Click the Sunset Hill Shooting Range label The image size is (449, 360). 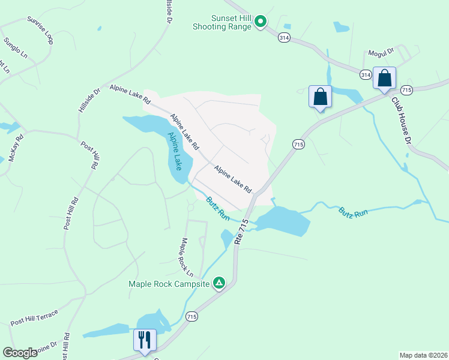[222, 22]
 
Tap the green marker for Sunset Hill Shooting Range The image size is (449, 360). [261, 22]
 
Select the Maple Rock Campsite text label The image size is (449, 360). [169, 283]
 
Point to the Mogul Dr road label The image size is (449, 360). [380, 52]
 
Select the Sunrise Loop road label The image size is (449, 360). [40, 30]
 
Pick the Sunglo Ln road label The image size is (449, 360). [16, 47]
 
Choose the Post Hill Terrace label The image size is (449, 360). [34, 317]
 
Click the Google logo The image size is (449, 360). [20, 353]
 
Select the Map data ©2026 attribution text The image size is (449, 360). [424, 355]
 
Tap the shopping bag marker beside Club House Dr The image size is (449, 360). [384, 78]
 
